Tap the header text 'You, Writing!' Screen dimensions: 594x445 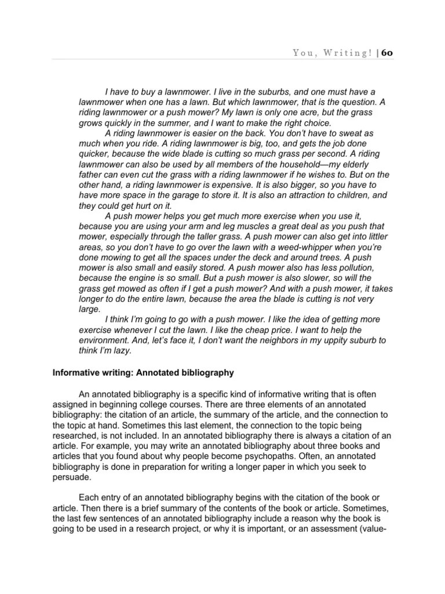coord(333,53)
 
